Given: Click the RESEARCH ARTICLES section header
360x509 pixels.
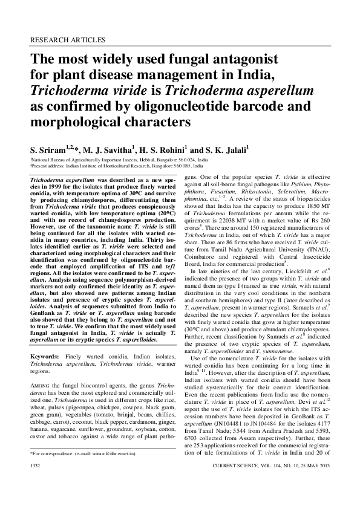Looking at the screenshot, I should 67,41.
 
